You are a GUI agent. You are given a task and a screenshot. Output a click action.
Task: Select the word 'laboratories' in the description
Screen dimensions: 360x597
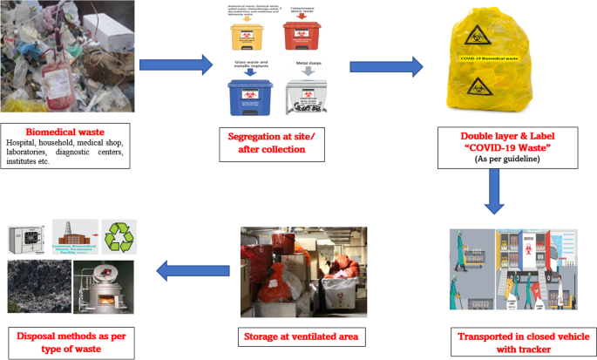click(x=33, y=153)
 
